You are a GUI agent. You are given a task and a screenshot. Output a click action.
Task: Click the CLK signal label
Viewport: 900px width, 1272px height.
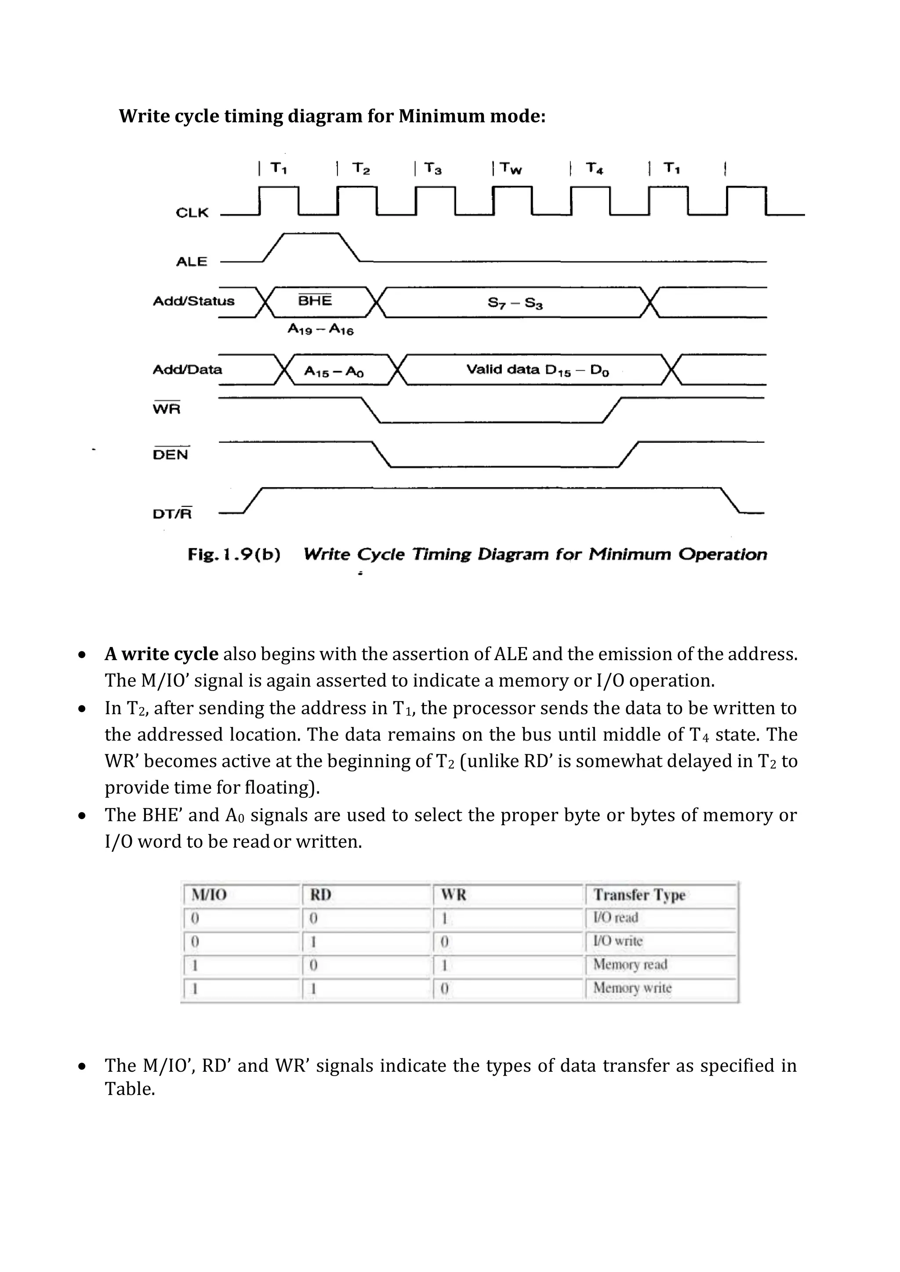tap(192, 213)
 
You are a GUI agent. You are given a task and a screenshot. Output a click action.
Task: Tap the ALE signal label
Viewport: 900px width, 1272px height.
tap(191, 261)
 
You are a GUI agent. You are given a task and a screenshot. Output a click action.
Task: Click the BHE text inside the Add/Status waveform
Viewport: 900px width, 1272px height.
tap(315, 300)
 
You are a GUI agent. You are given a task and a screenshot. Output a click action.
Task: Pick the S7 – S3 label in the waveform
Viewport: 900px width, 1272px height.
tap(515, 303)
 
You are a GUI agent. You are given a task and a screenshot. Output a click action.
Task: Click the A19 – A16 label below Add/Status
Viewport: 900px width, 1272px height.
tap(320, 329)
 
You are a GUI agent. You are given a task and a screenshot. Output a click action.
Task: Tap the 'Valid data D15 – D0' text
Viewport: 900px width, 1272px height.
tap(537, 370)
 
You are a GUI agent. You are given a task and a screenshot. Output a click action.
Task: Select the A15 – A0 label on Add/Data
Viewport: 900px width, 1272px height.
tap(334, 372)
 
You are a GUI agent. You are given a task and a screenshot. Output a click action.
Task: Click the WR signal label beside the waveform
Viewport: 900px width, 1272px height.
tap(166, 409)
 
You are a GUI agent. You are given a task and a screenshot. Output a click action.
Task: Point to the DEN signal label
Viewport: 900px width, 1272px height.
tap(171, 454)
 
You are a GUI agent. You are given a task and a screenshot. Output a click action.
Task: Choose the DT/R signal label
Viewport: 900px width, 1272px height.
tap(172, 513)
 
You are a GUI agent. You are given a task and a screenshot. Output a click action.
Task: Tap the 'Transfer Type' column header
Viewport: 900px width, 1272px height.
tap(639, 895)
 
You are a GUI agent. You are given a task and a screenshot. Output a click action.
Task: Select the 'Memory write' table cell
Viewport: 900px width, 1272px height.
tap(632, 988)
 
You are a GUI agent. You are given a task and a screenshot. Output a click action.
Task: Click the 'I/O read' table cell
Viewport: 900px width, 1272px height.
tap(615, 918)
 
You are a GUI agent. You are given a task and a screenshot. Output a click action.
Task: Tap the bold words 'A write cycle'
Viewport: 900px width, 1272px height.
tap(161, 654)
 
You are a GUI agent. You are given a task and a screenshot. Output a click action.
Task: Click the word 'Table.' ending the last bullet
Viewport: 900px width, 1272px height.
tap(130, 1089)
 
